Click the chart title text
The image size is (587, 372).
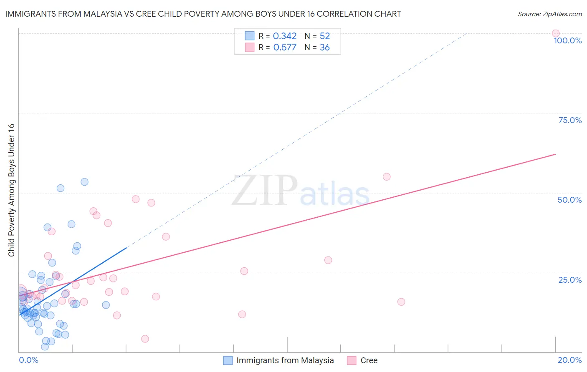coord(203,14)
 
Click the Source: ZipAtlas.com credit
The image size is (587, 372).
coord(549,14)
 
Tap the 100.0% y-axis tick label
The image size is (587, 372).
coord(567,40)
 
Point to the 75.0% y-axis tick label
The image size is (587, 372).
coord(570,120)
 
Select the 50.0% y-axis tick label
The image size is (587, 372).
coord(569,200)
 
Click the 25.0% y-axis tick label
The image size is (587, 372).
coord(570,279)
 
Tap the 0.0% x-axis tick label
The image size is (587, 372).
coord(28,360)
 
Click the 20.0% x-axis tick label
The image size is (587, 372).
coord(569,360)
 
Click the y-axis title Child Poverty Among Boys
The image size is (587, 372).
coord(11,190)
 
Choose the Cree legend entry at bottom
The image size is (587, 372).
coord(369,360)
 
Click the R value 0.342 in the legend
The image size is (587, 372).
coord(285,36)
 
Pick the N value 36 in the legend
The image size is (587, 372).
coord(324,48)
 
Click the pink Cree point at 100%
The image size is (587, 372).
coord(555,33)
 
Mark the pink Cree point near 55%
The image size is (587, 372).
coord(387,177)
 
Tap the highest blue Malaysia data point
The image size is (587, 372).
coord(84,182)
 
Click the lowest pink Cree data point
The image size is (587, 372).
coord(145,339)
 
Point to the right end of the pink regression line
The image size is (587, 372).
coord(555,154)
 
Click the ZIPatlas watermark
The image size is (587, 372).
coord(301,191)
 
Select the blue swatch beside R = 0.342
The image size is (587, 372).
coord(250,36)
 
